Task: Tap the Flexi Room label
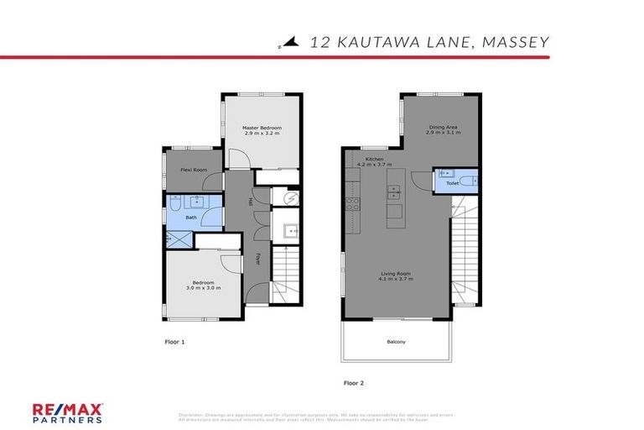click(194, 170)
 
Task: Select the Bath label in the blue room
click(191, 218)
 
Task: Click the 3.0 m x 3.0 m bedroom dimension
click(203, 288)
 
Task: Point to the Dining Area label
click(442, 128)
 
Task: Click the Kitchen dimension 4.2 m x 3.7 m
click(374, 165)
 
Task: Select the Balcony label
click(396, 341)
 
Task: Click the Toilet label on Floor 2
click(452, 182)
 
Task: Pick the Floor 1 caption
click(174, 342)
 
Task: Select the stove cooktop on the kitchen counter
click(353, 202)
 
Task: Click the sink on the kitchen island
click(392, 191)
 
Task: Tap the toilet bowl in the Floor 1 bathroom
click(172, 203)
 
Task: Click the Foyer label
click(257, 257)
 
